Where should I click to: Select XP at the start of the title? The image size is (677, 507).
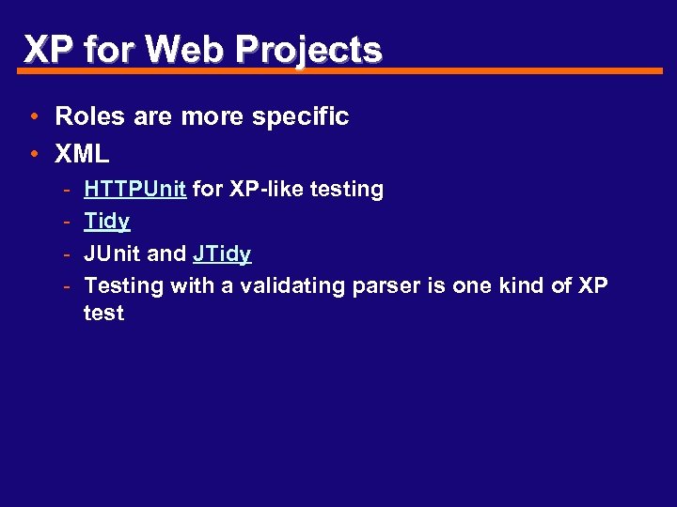coord(48,49)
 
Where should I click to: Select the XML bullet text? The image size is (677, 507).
coord(83,152)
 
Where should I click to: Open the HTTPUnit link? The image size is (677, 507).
coord(134,189)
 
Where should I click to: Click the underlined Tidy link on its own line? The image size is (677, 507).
coord(107,222)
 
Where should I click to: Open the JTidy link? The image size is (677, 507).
coord(222,253)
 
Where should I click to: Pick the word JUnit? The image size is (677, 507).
coord(112,253)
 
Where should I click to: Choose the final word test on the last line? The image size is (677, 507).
coord(103,314)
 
